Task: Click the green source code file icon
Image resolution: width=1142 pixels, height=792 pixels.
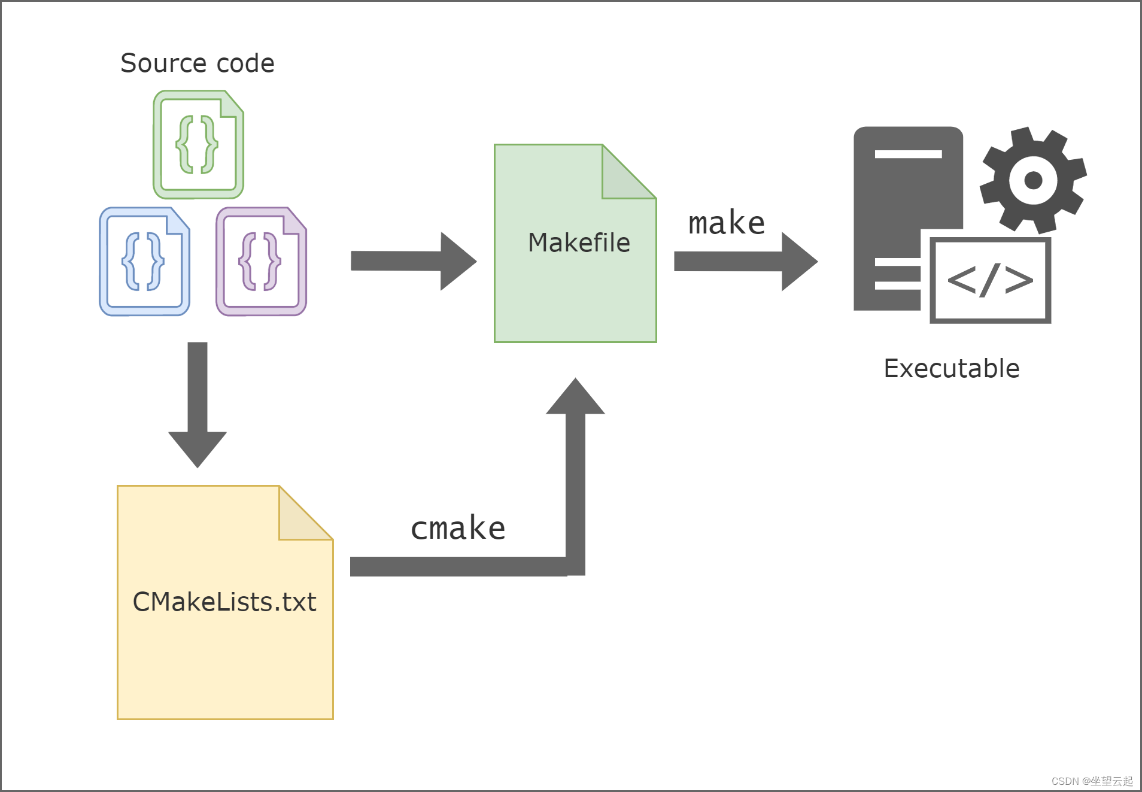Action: tap(198, 145)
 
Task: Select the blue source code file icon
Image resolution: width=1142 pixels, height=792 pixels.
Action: tap(144, 262)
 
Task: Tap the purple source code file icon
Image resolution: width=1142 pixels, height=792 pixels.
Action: tap(261, 262)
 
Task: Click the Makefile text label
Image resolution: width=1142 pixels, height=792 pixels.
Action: tap(579, 242)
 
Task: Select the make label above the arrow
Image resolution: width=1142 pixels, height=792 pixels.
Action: tap(726, 223)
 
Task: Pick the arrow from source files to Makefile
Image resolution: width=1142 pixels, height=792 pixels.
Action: tap(413, 261)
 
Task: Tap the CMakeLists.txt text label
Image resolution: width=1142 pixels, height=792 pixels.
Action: tap(224, 602)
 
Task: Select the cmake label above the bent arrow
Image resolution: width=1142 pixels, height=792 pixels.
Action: tap(458, 528)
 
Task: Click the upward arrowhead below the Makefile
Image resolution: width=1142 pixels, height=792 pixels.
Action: tap(575, 398)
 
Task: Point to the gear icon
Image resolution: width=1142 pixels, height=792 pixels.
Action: tap(1033, 180)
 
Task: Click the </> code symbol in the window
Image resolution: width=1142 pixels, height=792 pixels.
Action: tap(990, 280)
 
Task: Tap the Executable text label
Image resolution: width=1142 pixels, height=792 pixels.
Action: tap(952, 368)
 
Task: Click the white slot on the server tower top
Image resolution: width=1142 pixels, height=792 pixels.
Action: tap(908, 154)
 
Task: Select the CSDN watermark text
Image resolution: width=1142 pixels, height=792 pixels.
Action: tap(1092, 781)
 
